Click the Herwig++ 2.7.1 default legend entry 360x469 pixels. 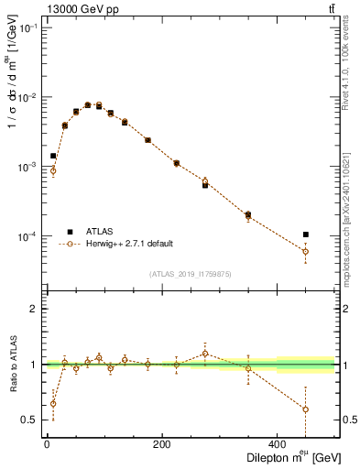pos(129,245)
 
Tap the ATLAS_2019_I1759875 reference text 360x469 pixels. pos(190,273)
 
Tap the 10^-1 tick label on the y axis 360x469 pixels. pos(27,28)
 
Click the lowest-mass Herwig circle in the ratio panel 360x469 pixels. pos(53,403)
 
